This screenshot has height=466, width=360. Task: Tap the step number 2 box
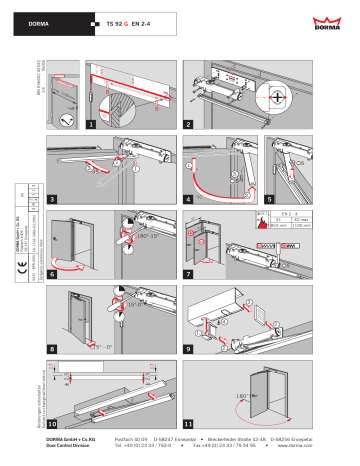188,125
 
